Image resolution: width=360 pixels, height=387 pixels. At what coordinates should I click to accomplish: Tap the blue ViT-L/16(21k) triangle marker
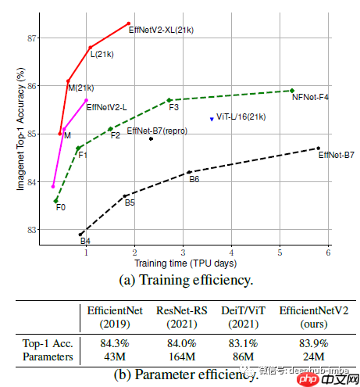tap(212, 119)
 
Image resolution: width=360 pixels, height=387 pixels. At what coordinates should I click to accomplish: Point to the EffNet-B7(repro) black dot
tap(151, 138)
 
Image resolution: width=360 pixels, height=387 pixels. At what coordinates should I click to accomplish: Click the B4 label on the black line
tap(85, 241)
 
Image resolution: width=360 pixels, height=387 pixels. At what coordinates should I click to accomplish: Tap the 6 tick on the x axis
tap(329, 252)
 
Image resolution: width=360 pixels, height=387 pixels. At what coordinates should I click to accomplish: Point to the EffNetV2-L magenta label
tap(106, 106)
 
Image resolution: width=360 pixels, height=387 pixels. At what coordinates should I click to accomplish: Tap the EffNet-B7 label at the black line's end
tap(337, 155)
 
